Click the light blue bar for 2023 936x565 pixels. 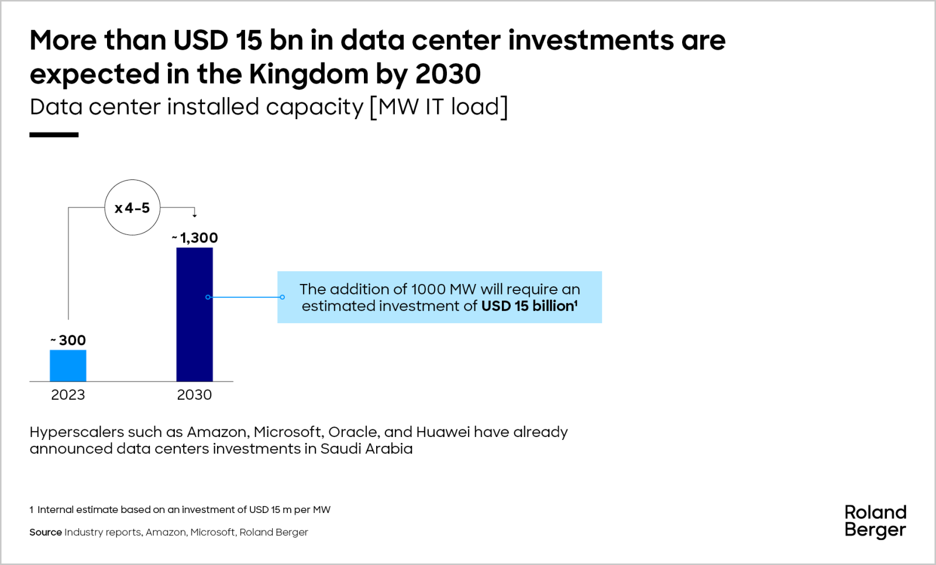[x=68, y=366]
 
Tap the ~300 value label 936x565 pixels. [x=68, y=340]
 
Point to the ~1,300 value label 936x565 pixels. [x=195, y=238]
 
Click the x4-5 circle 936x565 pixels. [x=132, y=207]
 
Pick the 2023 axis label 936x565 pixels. [x=68, y=395]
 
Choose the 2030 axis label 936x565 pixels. [x=194, y=395]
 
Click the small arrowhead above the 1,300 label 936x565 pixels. [x=195, y=215]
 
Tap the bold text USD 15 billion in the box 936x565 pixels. [x=528, y=306]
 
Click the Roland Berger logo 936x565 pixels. [x=875, y=521]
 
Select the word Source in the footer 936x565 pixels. [x=46, y=532]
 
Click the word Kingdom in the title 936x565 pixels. [x=308, y=74]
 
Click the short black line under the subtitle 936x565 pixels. [x=54, y=135]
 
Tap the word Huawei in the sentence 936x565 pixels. [x=442, y=432]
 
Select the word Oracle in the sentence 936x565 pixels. [x=353, y=432]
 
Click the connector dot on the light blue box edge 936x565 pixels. [x=282, y=297]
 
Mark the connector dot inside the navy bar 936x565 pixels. [x=208, y=297]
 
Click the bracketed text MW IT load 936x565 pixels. [x=439, y=107]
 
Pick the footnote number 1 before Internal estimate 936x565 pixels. [x=32, y=509]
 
